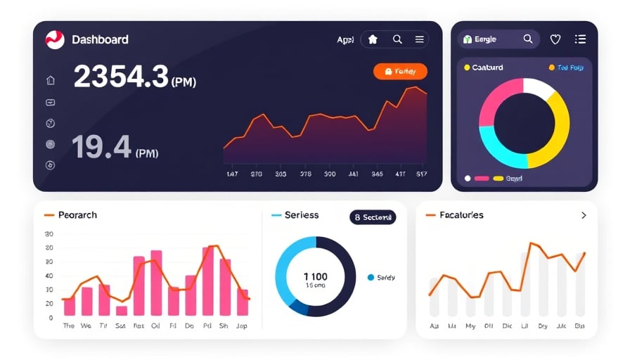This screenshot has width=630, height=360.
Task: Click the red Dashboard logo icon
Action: (55, 40)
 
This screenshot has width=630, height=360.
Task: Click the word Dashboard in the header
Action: (100, 40)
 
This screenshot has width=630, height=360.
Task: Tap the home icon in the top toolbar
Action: (373, 40)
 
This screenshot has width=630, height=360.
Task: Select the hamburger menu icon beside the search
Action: (419, 40)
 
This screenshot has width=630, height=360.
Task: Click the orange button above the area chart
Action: (400, 71)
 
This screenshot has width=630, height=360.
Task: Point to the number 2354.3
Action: (121, 77)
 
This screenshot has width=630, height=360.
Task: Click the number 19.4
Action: (101, 148)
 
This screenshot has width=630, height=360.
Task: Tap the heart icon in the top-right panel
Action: (555, 40)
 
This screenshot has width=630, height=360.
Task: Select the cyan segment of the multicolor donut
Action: (496, 144)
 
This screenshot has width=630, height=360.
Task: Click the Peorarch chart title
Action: (77, 215)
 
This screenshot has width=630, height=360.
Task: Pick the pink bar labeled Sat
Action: (122, 310)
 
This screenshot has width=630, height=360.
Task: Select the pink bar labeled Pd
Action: (208, 281)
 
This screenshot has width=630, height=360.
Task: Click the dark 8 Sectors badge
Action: (373, 217)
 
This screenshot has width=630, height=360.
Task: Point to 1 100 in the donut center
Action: (315, 276)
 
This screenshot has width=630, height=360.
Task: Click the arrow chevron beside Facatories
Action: (583, 215)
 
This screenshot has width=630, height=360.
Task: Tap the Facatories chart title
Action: (461, 215)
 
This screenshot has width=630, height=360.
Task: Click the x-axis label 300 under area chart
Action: (329, 173)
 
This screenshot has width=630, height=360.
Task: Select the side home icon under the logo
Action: (50, 81)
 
